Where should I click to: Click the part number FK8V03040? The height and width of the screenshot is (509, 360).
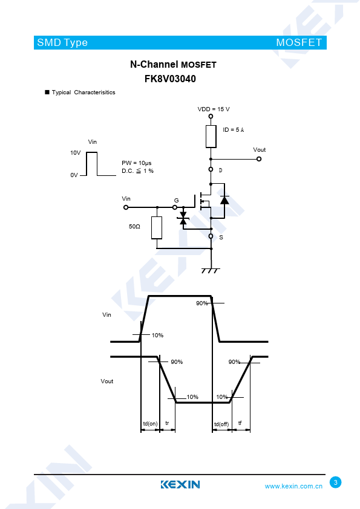170,79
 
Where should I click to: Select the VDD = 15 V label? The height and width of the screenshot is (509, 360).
214,109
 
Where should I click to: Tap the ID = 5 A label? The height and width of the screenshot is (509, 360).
234,130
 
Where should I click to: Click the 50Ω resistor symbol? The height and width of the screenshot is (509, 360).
157,227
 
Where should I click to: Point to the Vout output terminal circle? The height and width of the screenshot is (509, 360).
259,159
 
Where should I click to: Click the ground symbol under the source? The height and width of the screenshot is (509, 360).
211,271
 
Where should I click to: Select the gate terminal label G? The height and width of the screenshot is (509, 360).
177,201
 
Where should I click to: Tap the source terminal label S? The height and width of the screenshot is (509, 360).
221,238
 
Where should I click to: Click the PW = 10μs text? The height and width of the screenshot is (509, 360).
137,163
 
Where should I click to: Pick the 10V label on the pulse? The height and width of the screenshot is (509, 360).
76,152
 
